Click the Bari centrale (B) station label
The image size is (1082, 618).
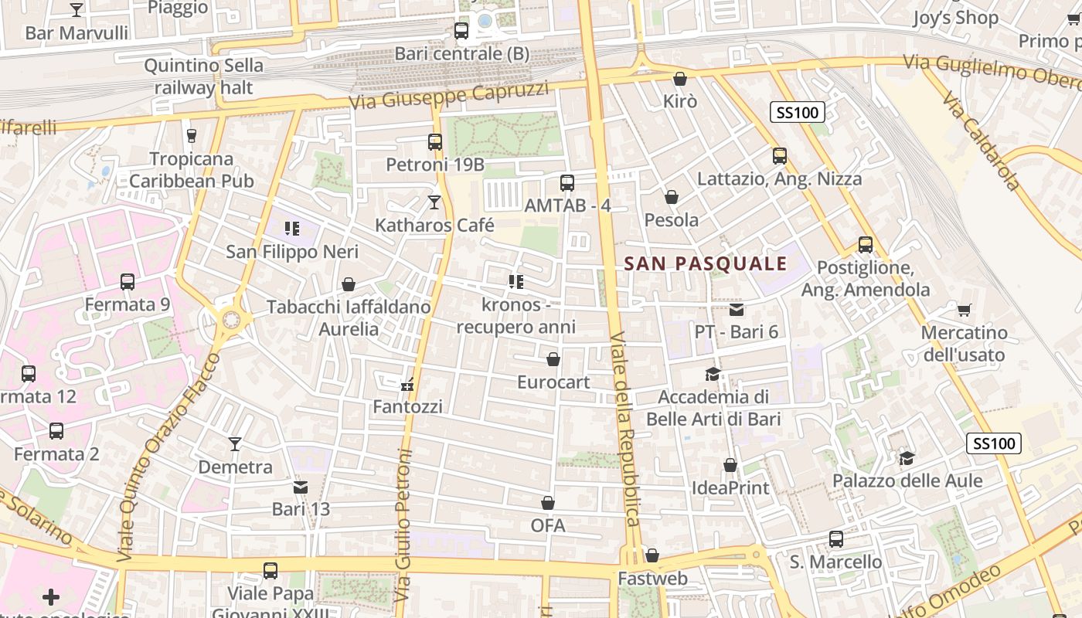(x=462, y=54)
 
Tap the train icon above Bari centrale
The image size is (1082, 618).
(x=461, y=31)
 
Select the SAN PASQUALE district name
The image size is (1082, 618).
(x=705, y=264)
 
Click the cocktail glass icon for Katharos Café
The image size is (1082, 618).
(x=434, y=202)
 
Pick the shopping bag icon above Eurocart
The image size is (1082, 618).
(x=553, y=359)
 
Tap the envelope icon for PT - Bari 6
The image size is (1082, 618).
(x=736, y=310)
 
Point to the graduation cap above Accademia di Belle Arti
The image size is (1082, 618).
(x=713, y=375)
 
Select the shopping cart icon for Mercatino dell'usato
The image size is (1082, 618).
(x=964, y=311)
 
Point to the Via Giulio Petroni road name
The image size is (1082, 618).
(x=403, y=525)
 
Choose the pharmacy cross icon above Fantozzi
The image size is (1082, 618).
(x=407, y=385)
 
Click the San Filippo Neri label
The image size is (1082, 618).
(x=291, y=252)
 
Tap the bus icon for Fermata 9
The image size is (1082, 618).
(x=128, y=282)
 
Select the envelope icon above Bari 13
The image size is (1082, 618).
(x=301, y=487)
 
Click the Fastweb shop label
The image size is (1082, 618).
(x=652, y=579)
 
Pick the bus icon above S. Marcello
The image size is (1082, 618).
(x=835, y=539)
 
